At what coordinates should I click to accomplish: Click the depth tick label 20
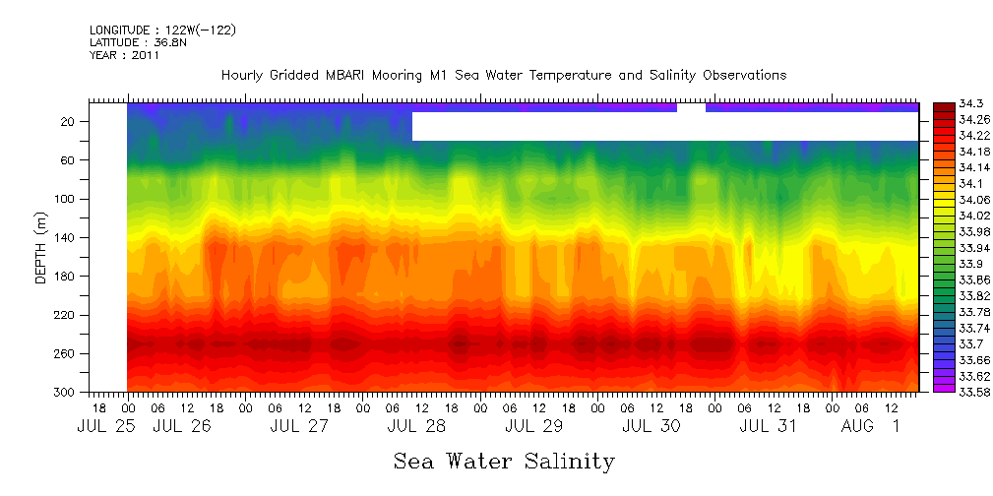click(x=69, y=122)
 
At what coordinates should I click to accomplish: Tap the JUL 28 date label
click(x=415, y=426)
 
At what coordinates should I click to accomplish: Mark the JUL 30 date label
click(x=651, y=426)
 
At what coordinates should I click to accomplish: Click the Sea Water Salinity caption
click(x=504, y=462)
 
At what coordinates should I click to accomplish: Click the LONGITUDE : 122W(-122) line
click(x=162, y=31)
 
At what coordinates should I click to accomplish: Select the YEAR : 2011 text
click(x=124, y=55)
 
